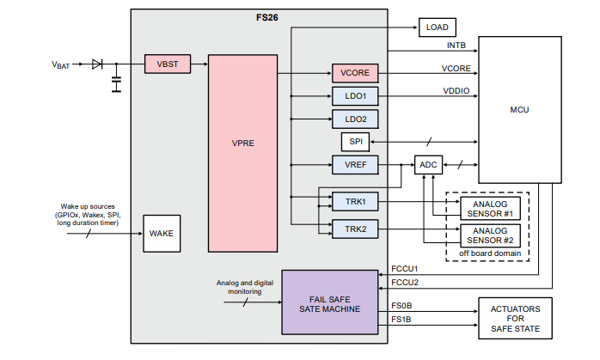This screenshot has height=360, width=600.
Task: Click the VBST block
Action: point(167,64)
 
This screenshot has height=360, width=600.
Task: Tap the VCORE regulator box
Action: point(355,73)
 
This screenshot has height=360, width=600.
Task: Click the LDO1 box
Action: point(355,96)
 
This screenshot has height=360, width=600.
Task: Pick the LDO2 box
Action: point(355,119)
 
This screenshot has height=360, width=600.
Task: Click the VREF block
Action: point(355,164)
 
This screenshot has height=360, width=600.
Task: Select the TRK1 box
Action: point(355,201)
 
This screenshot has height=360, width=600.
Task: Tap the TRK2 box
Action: point(355,229)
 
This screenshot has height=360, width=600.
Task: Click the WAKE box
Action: point(162,233)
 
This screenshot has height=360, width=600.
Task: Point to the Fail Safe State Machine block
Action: point(330,302)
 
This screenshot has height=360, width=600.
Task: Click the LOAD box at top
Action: point(437,27)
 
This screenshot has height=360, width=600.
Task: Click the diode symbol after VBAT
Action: point(97,64)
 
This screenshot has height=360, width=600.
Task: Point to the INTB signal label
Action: point(456,45)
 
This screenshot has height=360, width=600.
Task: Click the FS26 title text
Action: point(266,16)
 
